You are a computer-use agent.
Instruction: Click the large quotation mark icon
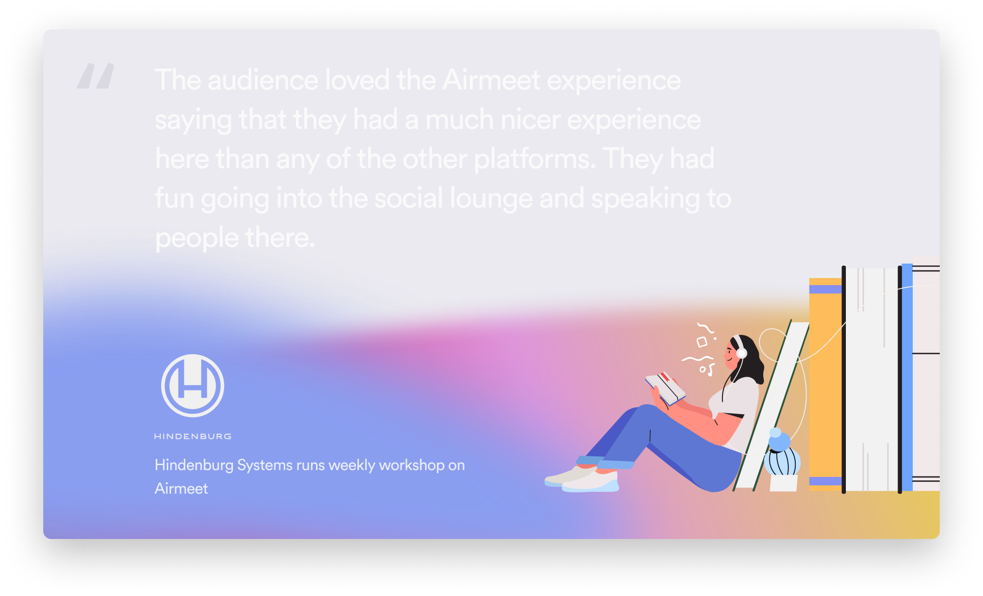95,76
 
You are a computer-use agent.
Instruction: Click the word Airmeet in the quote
491,80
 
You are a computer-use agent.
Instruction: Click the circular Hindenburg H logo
193,386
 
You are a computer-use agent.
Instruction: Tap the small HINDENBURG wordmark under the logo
193,436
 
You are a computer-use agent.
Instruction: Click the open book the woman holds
665,387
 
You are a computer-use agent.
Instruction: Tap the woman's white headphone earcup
741,353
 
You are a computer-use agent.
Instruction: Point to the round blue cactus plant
782,455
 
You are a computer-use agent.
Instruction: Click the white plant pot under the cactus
783,482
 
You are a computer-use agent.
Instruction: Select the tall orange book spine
825,385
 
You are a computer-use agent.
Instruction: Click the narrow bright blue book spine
907,377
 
